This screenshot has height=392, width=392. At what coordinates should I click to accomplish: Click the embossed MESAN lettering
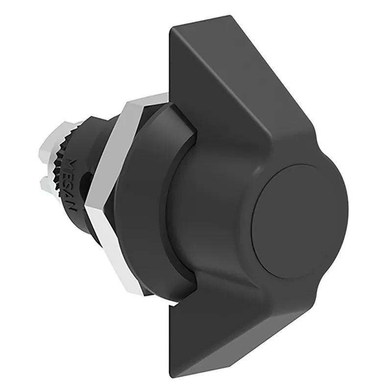click(x=73, y=185)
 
